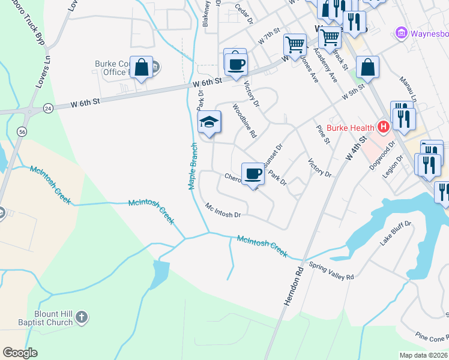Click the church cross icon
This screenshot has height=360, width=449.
point(83,317)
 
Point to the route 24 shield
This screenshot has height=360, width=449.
point(47,109)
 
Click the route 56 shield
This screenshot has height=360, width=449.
point(22,131)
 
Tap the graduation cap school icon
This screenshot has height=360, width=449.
point(209,122)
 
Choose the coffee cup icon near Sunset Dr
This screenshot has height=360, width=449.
point(253,174)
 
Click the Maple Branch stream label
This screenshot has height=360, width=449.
point(194,166)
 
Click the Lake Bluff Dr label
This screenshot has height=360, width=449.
point(394,233)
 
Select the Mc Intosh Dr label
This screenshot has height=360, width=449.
point(223,211)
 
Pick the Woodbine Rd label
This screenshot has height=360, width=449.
point(244,121)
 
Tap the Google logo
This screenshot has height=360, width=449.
point(20,353)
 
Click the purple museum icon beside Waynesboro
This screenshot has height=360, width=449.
point(401,32)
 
